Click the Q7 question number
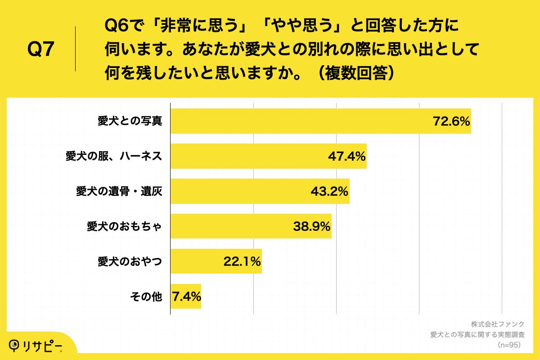point(41,49)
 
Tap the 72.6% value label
point(451,121)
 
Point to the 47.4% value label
point(346,156)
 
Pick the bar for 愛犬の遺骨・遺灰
point(238,191)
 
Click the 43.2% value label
point(329,191)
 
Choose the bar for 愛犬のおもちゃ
point(229,226)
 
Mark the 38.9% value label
point(312,226)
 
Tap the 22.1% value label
point(242,261)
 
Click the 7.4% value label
point(186,297)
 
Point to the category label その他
point(145,297)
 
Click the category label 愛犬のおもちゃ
point(124,226)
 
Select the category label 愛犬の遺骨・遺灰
point(119,191)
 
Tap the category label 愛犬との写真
point(130,121)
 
